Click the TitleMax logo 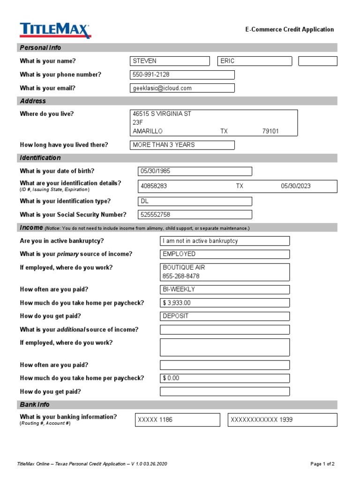(x=55, y=30)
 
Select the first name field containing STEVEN (x=170, y=61)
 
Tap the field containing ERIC (x=255, y=61)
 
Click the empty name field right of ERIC (x=317, y=61)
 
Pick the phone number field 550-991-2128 (x=182, y=75)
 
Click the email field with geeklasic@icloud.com (x=182, y=88)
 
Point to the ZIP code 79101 (x=270, y=131)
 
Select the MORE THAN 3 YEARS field (x=182, y=145)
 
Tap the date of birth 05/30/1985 (x=195, y=171)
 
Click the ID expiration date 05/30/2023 (x=295, y=186)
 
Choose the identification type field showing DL (x=195, y=201)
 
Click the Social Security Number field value (x=195, y=215)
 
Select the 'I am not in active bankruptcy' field (x=225, y=241)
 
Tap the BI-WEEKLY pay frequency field (x=225, y=290)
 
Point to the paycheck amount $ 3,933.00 (x=225, y=303)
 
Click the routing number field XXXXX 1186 (x=177, y=420)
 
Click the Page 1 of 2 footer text (x=322, y=464)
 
